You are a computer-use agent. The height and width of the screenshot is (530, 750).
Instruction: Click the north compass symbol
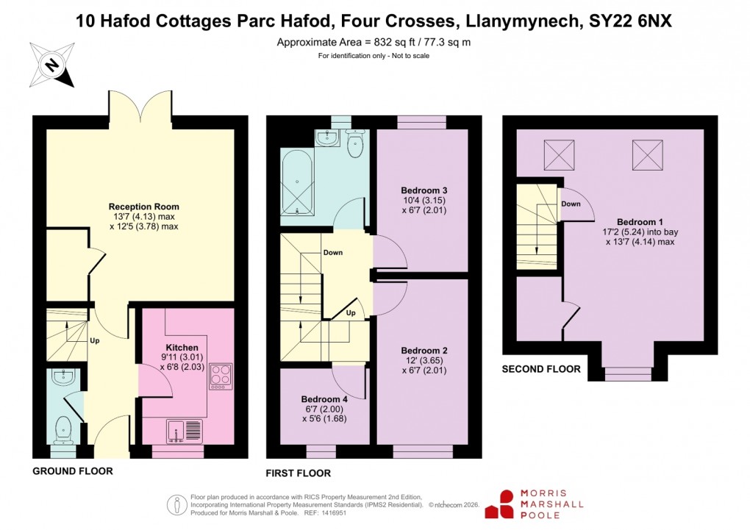point(51,65)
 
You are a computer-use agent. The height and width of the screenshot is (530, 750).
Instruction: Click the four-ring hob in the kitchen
point(220,376)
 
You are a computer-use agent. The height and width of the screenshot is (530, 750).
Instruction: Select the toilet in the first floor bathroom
point(356,141)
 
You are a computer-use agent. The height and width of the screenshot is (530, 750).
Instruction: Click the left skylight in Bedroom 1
point(558,154)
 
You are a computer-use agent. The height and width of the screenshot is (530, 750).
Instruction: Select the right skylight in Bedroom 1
point(647,154)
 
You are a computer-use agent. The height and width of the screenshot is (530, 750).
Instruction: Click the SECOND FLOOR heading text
point(540,369)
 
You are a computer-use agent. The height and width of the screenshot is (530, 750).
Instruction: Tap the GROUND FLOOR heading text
point(73,470)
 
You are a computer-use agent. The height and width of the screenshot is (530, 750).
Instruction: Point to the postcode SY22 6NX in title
point(631,22)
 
